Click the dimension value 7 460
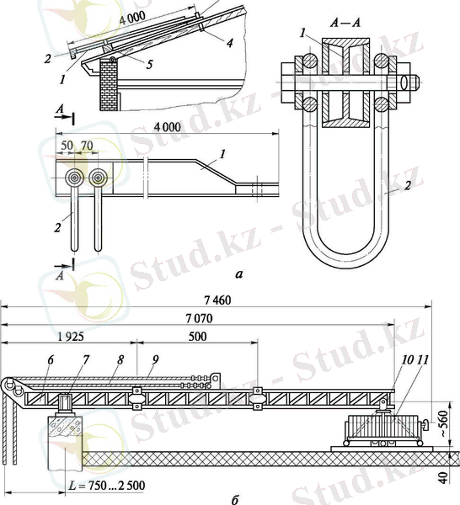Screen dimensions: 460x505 click(x=218, y=300)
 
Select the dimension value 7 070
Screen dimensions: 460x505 click(x=199, y=318)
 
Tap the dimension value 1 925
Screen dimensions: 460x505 click(x=70, y=337)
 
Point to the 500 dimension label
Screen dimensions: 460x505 click(x=197, y=337)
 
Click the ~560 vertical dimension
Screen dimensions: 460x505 click(x=444, y=423)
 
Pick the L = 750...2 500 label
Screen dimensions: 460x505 click(x=107, y=485)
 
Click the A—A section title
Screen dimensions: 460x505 click(x=345, y=23)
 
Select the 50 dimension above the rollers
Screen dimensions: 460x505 click(x=67, y=146)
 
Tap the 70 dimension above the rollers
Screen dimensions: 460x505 click(x=87, y=146)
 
